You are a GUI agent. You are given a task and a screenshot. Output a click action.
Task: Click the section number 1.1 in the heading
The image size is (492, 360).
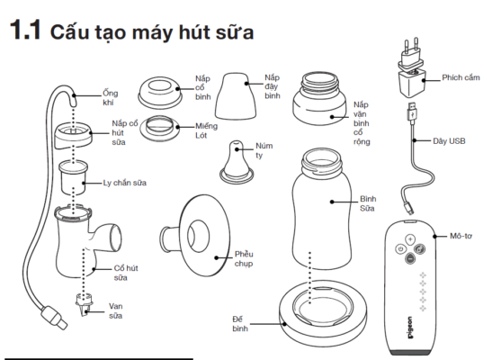pos(25,31)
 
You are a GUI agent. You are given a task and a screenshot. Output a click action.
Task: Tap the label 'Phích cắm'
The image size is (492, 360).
pos(461,77)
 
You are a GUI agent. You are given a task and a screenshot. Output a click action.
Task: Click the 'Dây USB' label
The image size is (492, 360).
pos(449,141)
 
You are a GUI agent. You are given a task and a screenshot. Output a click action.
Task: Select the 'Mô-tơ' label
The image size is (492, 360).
pos(461,236)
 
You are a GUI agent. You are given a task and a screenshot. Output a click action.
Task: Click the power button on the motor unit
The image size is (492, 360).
pos(400,249)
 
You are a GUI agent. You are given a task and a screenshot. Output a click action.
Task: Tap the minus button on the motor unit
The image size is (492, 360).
pos(410,258)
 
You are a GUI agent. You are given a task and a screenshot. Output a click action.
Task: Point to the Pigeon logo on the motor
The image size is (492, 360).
pos(410,328)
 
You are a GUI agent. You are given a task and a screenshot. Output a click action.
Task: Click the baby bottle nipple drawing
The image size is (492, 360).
pos(237,162)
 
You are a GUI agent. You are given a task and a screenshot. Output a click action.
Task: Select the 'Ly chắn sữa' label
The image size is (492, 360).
pos(124,183)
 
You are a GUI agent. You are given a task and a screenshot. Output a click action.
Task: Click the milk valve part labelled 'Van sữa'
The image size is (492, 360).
pos(84,304)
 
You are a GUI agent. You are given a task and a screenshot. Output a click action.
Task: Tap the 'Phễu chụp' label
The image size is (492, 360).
pos(244,258)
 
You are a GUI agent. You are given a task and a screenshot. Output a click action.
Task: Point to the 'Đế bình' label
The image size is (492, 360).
pos(240,324)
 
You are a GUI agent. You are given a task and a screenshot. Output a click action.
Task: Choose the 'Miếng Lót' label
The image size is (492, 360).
pos(206,130)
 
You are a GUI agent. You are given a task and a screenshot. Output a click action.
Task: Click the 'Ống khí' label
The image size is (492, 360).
pos(110,97)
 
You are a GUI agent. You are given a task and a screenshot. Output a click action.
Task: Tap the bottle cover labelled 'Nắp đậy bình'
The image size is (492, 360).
pos(236,96)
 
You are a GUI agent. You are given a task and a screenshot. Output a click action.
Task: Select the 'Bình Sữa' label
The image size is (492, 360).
pos(368,203)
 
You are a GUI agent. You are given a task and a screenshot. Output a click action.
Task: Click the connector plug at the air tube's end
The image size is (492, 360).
pos(55,318)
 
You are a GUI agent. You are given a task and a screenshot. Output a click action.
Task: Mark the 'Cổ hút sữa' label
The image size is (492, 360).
pos(126,273)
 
